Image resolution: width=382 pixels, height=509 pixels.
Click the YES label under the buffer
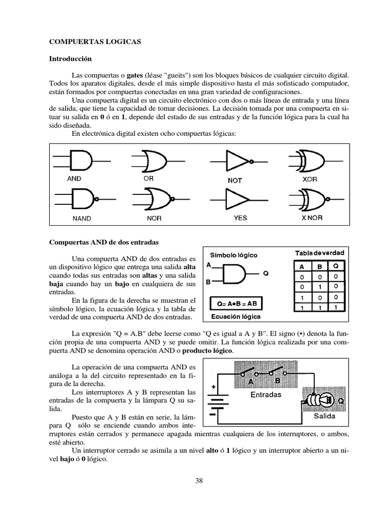240,218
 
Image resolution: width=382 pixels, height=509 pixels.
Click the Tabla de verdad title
319,253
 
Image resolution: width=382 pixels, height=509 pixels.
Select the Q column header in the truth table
336,266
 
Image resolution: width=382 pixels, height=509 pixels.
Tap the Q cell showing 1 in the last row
336,308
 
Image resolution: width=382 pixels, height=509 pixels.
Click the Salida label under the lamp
324,416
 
